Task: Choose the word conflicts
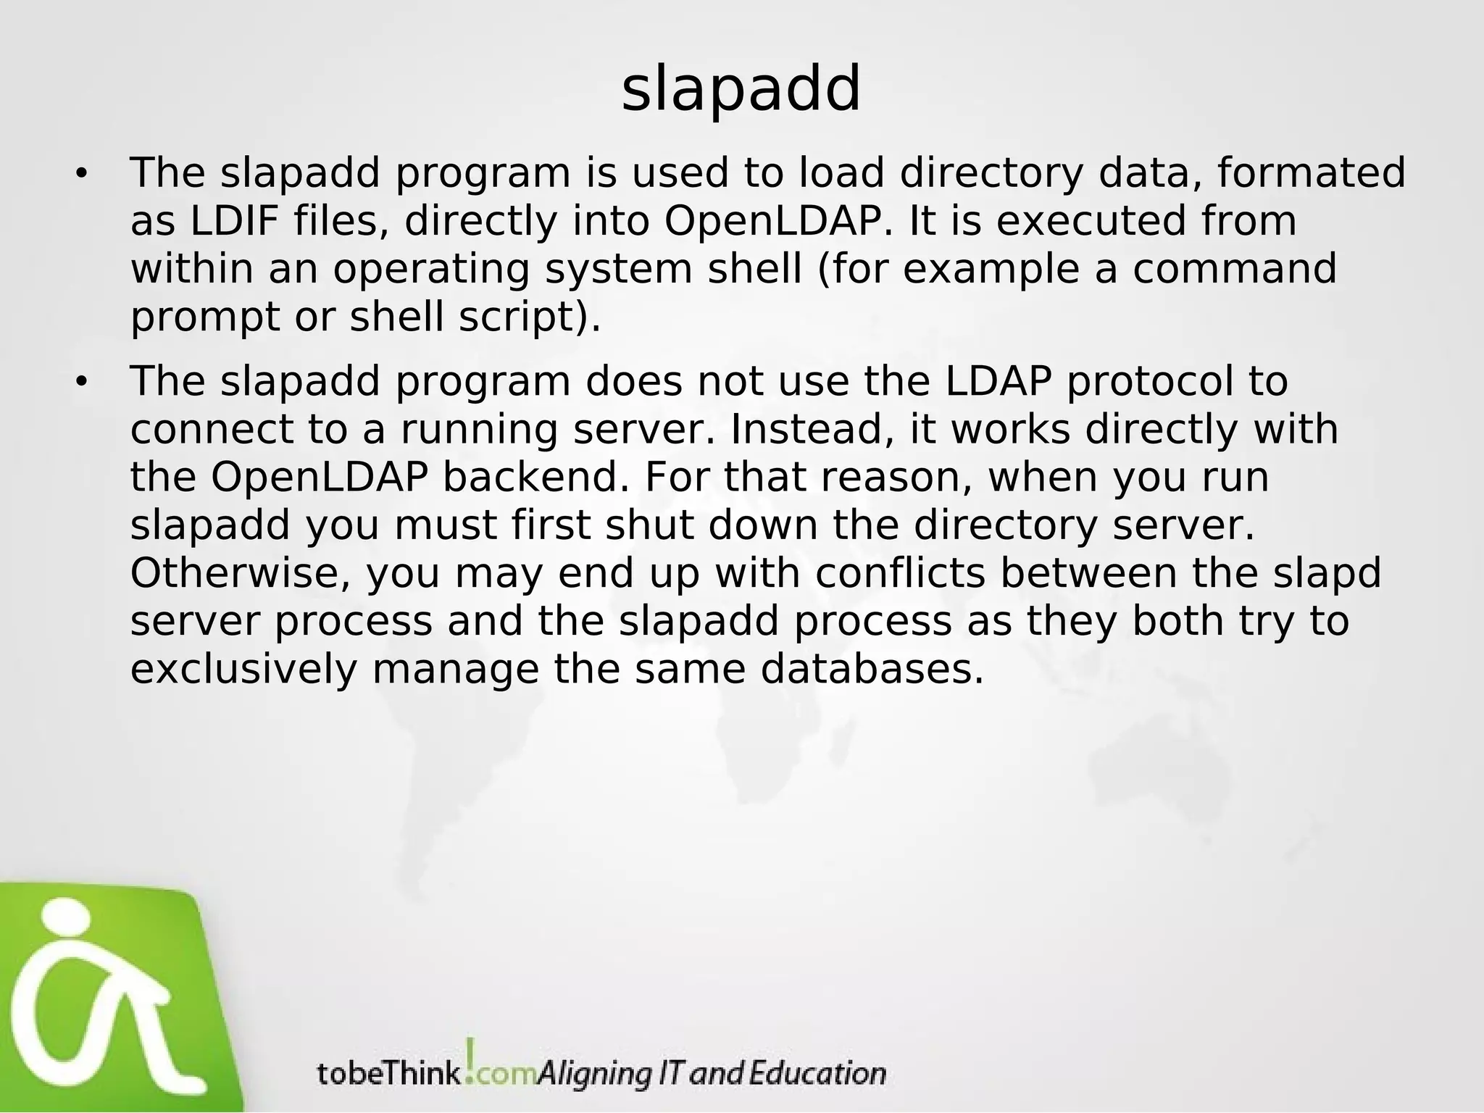coord(900,573)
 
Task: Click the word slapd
coord(1327,573)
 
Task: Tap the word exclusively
coord(243,670)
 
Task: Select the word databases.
coord(872,670)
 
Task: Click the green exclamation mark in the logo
coord(471,1059)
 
